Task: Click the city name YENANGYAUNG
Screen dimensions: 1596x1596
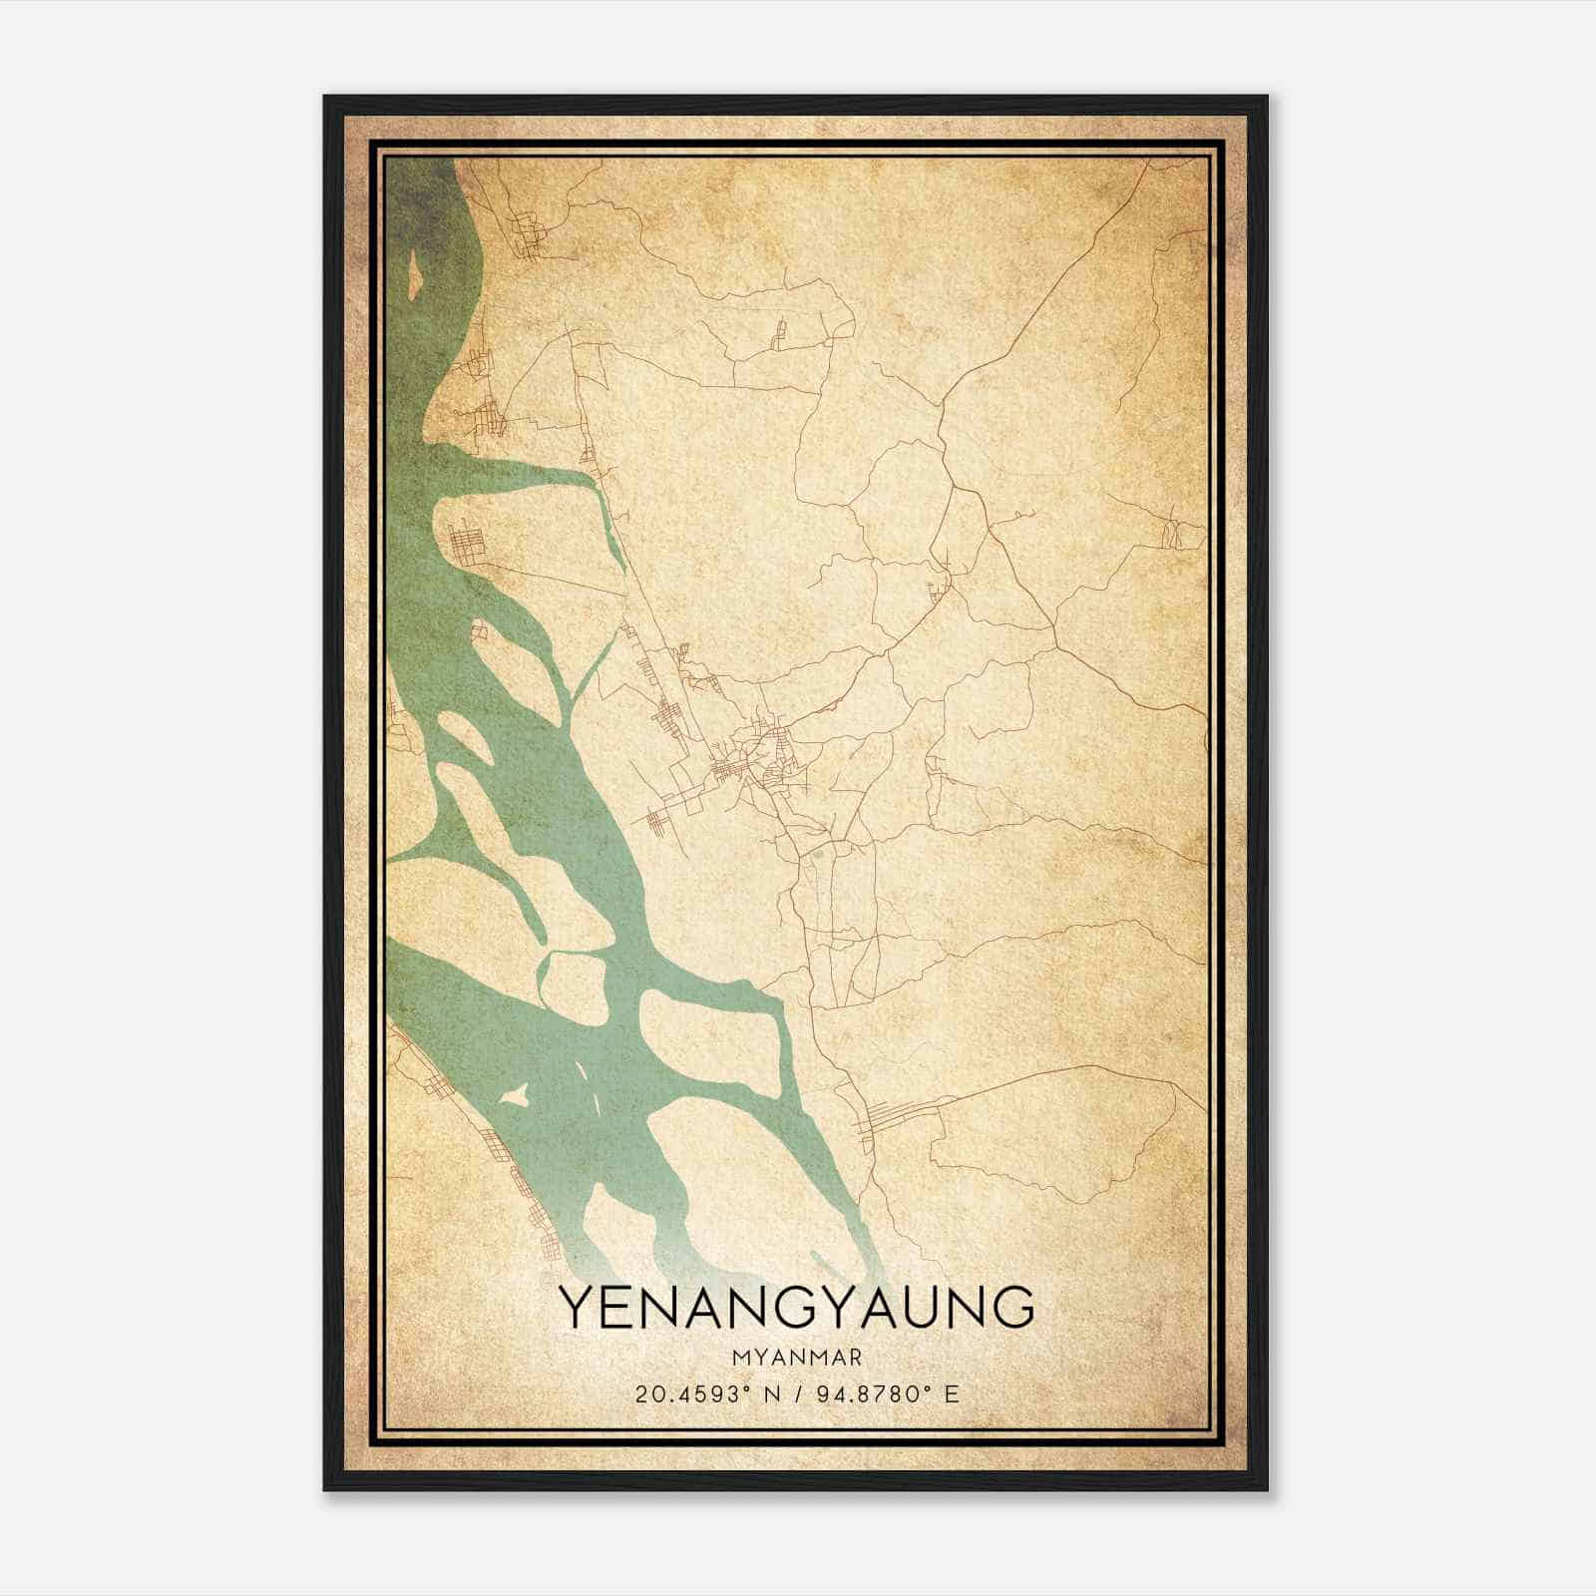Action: coord(796,1308)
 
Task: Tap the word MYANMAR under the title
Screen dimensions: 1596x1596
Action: coord(796,1358)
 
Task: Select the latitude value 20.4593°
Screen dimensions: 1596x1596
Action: coord(690,1394)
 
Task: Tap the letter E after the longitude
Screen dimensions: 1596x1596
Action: coord(952,1394)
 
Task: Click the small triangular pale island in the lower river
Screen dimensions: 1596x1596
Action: coord(516,1095)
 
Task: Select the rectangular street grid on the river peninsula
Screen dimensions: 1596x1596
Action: coord(466,544)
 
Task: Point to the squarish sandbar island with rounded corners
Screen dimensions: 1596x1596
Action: coord(572,988)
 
